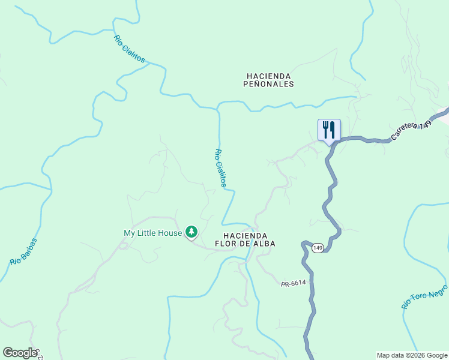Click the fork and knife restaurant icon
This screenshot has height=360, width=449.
point(329,129)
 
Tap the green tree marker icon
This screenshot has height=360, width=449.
point(191,231)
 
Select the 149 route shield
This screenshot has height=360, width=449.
point(318,248)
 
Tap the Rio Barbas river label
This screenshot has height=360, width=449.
point(23,252)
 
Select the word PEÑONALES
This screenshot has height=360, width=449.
point(269,85)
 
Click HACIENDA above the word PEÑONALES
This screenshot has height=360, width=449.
point(269,76)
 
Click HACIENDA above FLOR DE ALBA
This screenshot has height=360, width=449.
point(245,236)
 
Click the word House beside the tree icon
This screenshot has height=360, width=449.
point(172,233)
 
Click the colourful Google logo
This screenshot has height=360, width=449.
point(20,353)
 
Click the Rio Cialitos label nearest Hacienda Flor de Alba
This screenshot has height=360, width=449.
point(221,168)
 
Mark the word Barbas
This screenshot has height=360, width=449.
point(28,247)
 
